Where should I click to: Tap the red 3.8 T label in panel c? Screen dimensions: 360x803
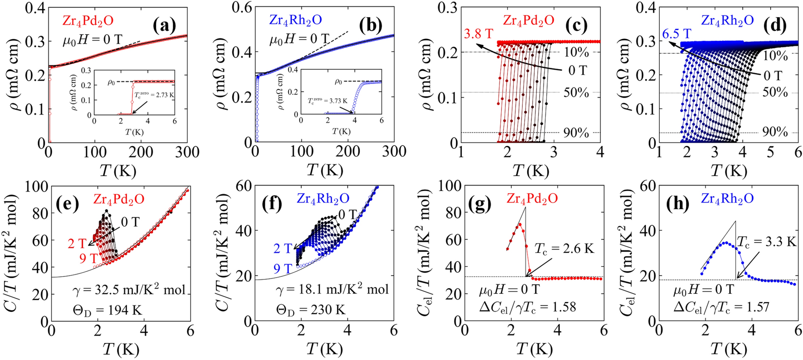tap(478, 34)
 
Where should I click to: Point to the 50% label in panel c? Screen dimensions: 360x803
tap(576, 93)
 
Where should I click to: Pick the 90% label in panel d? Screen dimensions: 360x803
tap(775, 132)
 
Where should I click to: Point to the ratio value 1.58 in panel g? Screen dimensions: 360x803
tap(562, 307)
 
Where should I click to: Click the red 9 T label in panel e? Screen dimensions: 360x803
tap(89, 258)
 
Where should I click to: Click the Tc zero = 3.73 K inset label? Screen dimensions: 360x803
tap(328, 101)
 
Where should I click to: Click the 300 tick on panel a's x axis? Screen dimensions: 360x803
tap(187, 152)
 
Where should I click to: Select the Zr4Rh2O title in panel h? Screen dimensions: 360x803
tap(727, 198)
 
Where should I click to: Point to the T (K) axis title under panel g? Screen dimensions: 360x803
tap(534, 349)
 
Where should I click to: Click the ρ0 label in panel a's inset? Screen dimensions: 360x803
tap(111, 82)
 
